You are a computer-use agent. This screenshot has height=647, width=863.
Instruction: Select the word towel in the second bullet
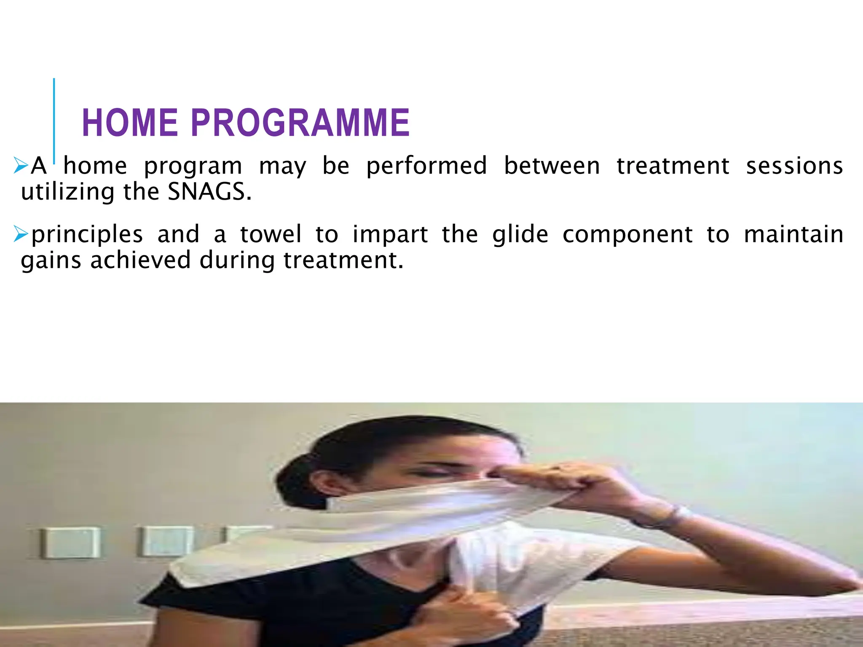pos(271,234)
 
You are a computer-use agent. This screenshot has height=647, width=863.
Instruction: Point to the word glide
pos(520,235)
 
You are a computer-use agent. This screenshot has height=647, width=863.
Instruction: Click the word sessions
pos(794,166)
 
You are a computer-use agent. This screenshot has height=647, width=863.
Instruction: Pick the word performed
pos(426,166)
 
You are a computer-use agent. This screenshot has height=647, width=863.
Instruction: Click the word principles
pos(87,235)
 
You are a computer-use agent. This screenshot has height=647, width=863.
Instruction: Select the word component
pos(627,235)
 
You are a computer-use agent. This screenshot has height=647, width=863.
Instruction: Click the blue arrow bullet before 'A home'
pos(20,165)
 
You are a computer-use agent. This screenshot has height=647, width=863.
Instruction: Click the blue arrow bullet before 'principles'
pos(20,234)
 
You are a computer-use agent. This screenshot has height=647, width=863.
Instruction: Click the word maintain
pos(793,234)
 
